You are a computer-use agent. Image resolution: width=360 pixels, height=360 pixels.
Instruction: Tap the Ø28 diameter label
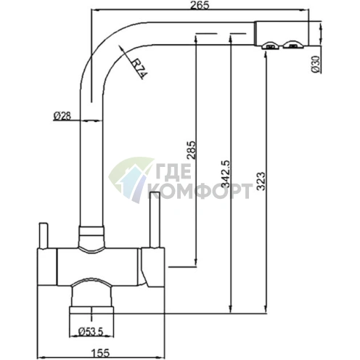[x=62, y=116]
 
